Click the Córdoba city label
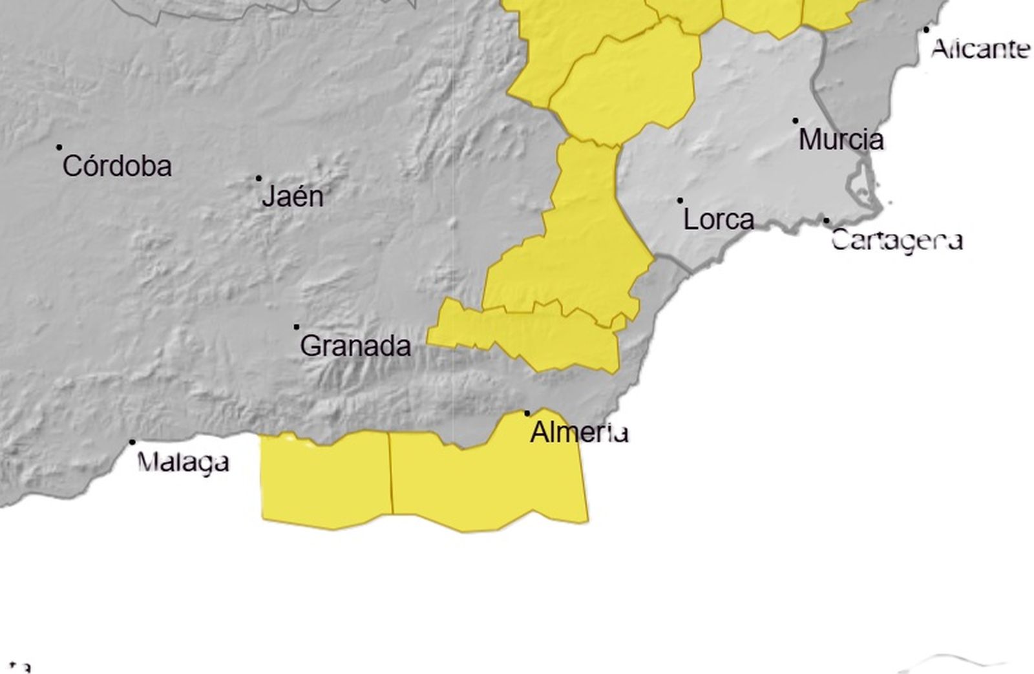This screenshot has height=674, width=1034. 117,167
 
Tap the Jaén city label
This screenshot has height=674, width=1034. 293,196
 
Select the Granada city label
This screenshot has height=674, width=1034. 355,346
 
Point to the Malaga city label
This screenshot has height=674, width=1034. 184,462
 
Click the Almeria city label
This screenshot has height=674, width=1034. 579,432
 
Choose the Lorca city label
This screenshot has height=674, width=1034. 719,220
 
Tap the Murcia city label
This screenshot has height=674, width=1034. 841,140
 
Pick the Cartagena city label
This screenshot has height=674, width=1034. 897,240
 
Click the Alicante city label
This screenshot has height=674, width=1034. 980,48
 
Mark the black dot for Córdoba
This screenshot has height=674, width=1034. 59,147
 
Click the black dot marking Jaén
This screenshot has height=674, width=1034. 259,178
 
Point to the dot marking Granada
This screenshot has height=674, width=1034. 297,327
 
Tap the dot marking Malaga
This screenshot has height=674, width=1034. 132,443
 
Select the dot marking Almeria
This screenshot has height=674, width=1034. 527,413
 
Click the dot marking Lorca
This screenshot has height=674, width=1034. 680,201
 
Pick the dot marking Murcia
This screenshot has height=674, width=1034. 796,121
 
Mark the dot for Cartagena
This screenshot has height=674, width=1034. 826,221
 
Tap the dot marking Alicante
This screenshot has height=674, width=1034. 927,30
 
